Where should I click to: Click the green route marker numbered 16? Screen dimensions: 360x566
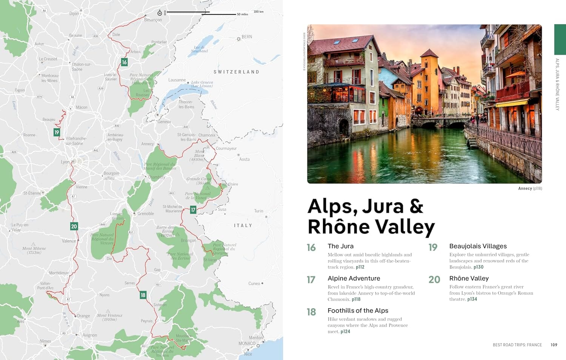tap(124, 62)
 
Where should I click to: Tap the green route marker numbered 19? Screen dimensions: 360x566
tap(57, 132)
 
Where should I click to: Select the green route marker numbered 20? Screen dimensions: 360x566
tap(74, 226)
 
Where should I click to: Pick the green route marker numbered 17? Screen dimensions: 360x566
tap(193, 210)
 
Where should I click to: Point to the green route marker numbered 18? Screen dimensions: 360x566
tap(143, 295)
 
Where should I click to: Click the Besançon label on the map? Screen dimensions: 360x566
tap(153, 20)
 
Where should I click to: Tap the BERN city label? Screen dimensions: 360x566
tap(247, 37)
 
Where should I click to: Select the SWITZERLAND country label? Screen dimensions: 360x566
tap(236, 72)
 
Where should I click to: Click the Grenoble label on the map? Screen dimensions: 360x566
tap(145, 214)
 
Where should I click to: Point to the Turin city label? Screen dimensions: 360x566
tap(258, 211)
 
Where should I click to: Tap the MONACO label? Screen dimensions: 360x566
tap(247, 343)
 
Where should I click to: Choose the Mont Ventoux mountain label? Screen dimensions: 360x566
tap(109, 317)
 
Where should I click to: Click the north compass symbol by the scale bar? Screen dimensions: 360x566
tap(160, 13)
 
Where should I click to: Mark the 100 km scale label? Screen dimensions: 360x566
tap(258, 12)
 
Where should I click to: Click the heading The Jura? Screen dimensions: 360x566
tap(340, 246)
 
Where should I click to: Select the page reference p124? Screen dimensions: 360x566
tap(345, 332)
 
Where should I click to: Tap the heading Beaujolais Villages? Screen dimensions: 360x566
tap(478, 246)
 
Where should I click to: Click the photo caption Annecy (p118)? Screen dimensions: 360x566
tap(530, 188)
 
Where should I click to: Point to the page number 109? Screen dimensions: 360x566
tap(554, 345)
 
